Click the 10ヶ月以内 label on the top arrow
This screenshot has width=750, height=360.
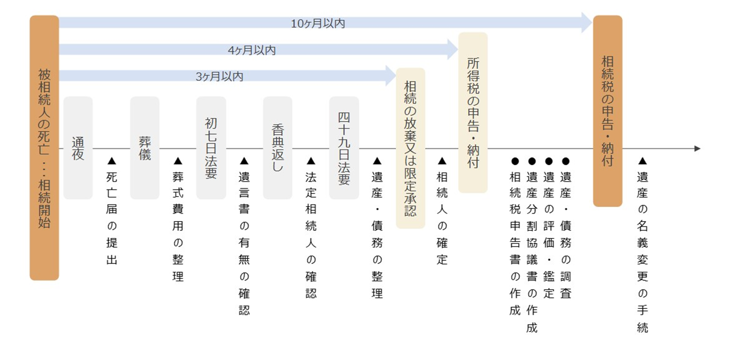pos(318,23)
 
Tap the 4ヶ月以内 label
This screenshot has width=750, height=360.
pos(252,50)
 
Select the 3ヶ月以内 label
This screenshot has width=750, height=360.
pos(219,77)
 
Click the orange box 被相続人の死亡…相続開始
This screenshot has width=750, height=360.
pos(44,148)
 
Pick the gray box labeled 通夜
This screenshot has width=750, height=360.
pos(78,148)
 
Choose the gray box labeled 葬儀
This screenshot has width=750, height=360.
pos(144,148)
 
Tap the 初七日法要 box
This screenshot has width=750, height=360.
pos(211,148)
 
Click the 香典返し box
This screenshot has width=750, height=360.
pos(278,148)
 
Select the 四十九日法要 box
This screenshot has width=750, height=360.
pos(344,148)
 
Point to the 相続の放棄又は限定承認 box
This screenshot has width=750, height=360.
pos(411,148)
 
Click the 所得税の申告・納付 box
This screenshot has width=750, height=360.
pos(473,112)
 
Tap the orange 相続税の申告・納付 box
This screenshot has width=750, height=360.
pos(608,111)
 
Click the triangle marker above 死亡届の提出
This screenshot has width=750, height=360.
pos(111,161)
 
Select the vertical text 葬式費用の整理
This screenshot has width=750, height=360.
pos(178,226)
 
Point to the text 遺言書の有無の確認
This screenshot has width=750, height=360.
pos(244,243)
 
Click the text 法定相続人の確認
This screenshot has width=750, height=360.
pos(311,234)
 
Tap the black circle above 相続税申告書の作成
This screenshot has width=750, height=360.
pos(515,161)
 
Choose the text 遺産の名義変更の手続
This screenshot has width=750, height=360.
pos(643,251)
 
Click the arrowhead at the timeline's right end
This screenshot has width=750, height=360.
pos(698,148)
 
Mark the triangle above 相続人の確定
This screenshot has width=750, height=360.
pos(442,161)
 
